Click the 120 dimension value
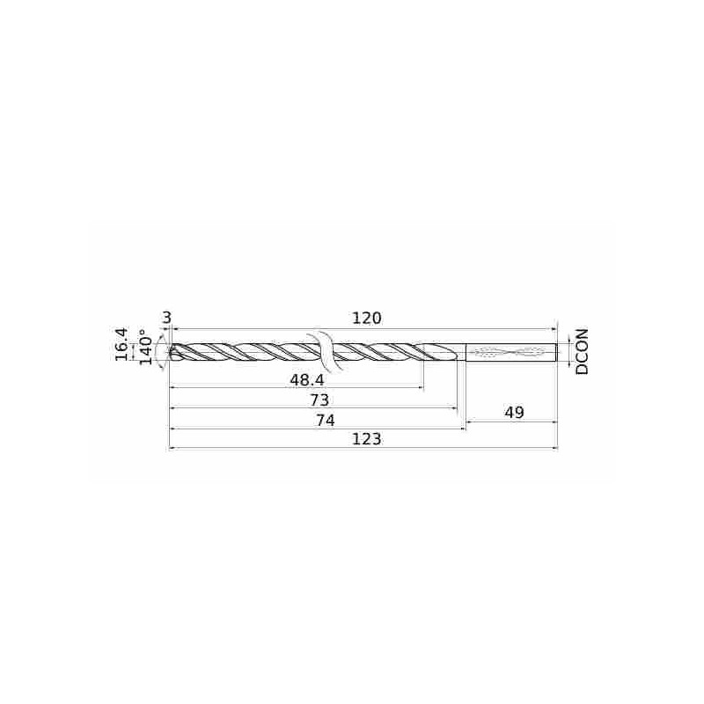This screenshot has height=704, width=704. coord(366,319)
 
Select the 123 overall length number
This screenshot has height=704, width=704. coord(366,438)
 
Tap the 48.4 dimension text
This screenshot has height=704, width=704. coord(306,380)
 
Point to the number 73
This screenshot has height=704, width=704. coord(319,400)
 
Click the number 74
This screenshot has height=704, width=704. coord(325,421)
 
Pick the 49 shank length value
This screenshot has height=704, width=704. coord(514,412)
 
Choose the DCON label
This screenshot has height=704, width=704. coord(582,351)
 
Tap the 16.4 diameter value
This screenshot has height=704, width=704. coord(121,344)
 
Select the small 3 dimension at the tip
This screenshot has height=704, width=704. coord(166,318)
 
